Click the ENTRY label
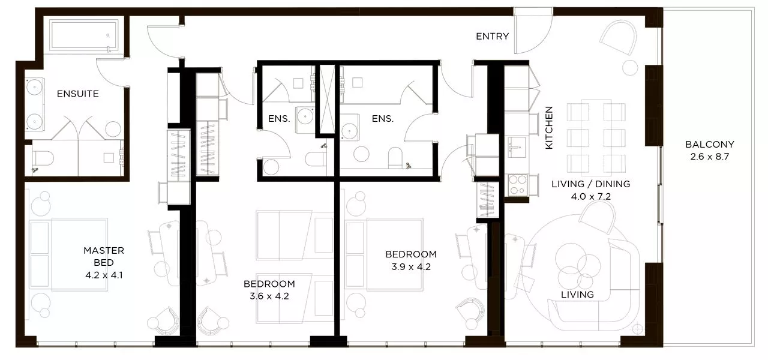[x=493, y=37]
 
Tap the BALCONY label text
[x=710, y=145]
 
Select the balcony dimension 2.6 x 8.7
[x=710, y=157]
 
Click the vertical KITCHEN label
[x=549, y=128]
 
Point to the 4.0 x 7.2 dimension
[x=591, y=196]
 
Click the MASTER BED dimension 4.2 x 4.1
[x=104, y=275]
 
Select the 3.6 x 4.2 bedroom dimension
[x=269, y=296]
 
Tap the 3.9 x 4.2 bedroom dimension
[x=411, y=267]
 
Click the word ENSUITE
[x=78, y=94]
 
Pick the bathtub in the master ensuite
[x=84, y=35]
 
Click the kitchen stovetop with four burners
[x=518, y=185]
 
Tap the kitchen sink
[x=517, y=148]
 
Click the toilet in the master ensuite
[x=43, y=159]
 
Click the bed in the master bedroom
[x=68, y=254]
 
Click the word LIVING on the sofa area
[x=577, y=295]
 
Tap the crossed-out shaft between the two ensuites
[x=327, y=99]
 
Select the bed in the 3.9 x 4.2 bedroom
[x=385, y=254]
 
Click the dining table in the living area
[x=596, y=136]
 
